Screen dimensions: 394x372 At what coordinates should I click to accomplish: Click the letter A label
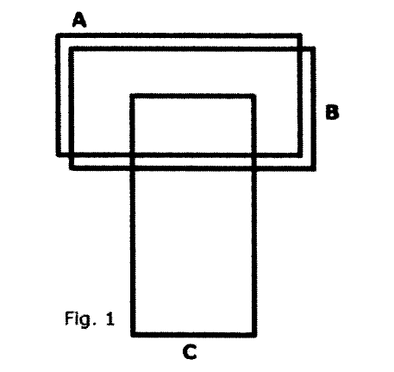click(79, 20)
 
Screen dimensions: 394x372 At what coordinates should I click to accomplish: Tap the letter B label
click(332, 112)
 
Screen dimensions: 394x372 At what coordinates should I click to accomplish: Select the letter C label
click(190, 351)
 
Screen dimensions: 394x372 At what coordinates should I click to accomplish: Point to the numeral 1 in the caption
click(110, 318)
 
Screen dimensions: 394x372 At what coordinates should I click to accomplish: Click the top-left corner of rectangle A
click(58, 36)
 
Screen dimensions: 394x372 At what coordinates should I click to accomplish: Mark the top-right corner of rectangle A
click(299, 36)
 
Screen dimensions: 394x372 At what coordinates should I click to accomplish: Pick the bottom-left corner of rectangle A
click(58, 154)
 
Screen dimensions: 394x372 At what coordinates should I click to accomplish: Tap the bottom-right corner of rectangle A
click(300, 154)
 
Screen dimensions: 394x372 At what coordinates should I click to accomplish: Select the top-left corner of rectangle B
click(72, 49)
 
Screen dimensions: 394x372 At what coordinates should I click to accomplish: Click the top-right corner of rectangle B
click(313, 49)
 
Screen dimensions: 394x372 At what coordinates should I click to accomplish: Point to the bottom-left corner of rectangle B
click(72, 168)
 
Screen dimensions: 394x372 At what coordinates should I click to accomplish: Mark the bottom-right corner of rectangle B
click(314, 168)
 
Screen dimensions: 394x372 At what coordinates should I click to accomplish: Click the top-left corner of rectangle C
click(133, 96)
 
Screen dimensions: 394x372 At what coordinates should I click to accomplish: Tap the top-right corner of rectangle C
click(253, 96)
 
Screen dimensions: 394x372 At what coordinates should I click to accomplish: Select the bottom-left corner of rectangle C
click(133, 334)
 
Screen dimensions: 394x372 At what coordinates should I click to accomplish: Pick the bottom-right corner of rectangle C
click(254, 334)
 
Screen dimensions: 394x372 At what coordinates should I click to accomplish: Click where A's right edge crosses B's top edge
click(299, 49)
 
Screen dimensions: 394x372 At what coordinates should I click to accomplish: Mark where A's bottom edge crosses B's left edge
click(72, 154)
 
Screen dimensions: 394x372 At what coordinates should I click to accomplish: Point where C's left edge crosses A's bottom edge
click(133, 154)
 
